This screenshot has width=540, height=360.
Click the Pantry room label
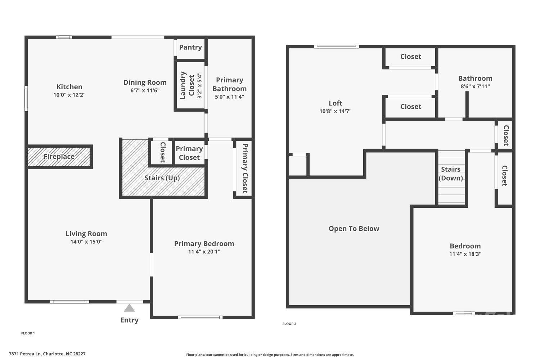pyautogui.click(x=190, y=47)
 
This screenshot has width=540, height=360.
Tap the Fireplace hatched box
pyautogui.click(x=59, y=157)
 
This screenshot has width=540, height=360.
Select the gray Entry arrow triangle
pyautogui.click(x=129, y=308)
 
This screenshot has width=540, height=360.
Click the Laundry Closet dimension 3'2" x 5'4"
pyautogui.click(x=199, y=86)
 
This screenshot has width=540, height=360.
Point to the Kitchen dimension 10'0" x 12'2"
pyautogui.click(x=69, y=95)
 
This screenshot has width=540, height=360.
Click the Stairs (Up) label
pyautogui.click(x=162, y=178)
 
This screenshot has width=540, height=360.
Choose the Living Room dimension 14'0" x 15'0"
pyautogui.click(x=86, y=242)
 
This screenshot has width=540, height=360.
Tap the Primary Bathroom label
pyautogui.click(x=229, y=84)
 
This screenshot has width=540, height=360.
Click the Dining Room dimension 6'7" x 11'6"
pyautogui.click(x=145, y=91)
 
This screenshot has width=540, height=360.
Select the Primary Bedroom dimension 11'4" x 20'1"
pyautogui.click(x=204, y=252)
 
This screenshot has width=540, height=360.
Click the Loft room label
pyautogui.click(x=335, y=103)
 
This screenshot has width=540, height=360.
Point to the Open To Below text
pyautogui.click(x=354, y=229)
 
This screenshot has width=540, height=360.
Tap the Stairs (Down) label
pyautogui.click(x=451, y=174)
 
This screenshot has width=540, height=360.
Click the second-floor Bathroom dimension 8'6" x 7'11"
pyautogui.click(x=475, y=86)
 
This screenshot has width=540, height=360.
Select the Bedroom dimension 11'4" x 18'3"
pyautogui.click(x=465, y=254)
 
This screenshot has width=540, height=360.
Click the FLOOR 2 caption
pyautogui.click(x=289, y=324)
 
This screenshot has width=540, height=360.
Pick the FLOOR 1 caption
pyautogui.click(x=28, y=333)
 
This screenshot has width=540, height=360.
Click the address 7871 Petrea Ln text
pyautogui.click(x=47, y=354)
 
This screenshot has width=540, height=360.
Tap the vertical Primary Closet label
pyautogui.click(x=245, y=168)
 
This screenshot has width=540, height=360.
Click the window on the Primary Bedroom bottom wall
pyautogui.click(x=200, y=317)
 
